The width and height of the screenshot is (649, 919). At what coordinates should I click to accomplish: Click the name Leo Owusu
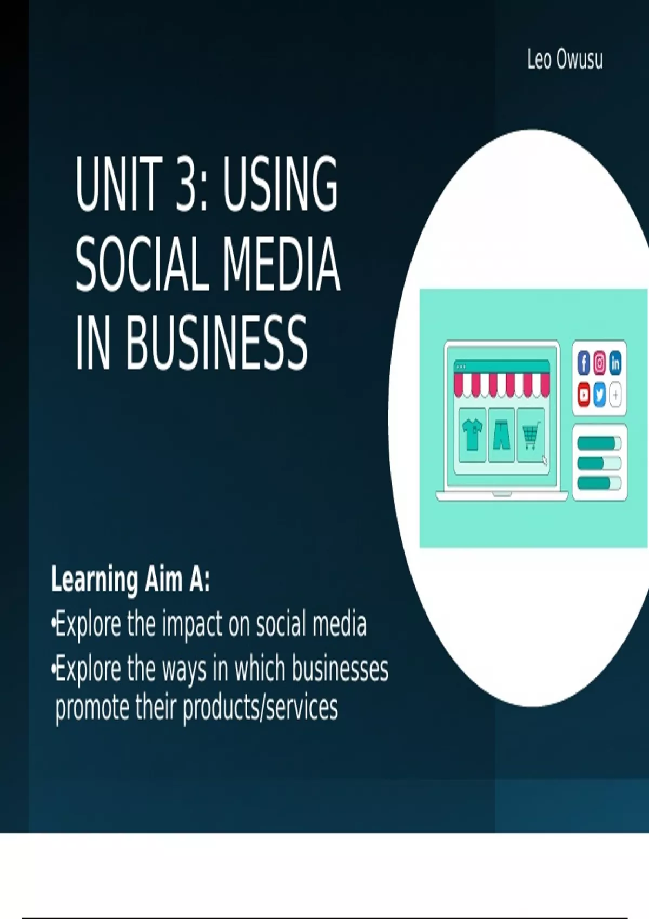(565, 60)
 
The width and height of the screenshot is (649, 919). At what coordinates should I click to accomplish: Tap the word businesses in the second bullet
(340, 669)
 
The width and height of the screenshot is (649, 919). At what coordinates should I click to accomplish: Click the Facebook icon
(584, 363)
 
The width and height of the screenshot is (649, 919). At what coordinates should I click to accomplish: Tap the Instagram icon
(600, 363)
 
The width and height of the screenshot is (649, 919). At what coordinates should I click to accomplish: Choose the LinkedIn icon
(615, 363)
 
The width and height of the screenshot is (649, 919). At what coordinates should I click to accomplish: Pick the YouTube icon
(584, 395)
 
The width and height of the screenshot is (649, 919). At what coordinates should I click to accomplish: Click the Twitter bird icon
(600, 395)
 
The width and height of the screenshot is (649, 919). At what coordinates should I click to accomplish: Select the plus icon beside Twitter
(615, 395)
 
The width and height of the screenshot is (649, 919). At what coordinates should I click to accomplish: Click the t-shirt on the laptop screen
(473, 434)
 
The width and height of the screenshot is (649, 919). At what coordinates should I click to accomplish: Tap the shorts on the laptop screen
(501, 434)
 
